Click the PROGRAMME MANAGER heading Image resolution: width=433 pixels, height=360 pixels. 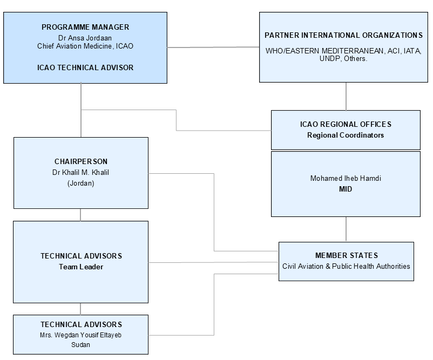[85, 27]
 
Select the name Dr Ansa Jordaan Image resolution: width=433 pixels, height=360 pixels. [85, 38]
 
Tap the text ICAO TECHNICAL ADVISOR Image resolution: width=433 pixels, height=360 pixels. [85, 68]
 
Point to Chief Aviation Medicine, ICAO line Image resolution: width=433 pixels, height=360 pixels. [85, 46]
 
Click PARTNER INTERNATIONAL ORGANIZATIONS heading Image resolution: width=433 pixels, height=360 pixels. [343, 35]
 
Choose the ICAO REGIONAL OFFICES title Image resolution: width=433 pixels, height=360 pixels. [346, 124]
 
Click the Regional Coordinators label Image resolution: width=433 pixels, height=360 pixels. [346, 135]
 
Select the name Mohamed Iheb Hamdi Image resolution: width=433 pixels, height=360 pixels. [346, 178]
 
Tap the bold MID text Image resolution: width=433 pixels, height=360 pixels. [346, 189]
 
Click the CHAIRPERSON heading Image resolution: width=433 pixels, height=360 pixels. [81, 161]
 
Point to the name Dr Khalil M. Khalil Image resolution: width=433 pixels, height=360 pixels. [81, 172]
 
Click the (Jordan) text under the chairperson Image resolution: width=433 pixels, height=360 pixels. [81, 183]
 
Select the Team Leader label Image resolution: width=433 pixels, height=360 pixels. [81, 267]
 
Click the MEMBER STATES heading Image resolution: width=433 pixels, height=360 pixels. [346, 255]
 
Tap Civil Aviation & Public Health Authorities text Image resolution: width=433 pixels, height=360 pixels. [346, 266]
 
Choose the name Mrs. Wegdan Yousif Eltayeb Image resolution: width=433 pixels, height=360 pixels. [81, 335]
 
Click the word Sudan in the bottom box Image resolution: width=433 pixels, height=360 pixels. [81, 344]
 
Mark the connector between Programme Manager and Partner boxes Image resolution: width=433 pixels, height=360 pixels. [213, 47]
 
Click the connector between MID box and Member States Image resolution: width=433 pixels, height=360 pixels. [346, 229]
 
